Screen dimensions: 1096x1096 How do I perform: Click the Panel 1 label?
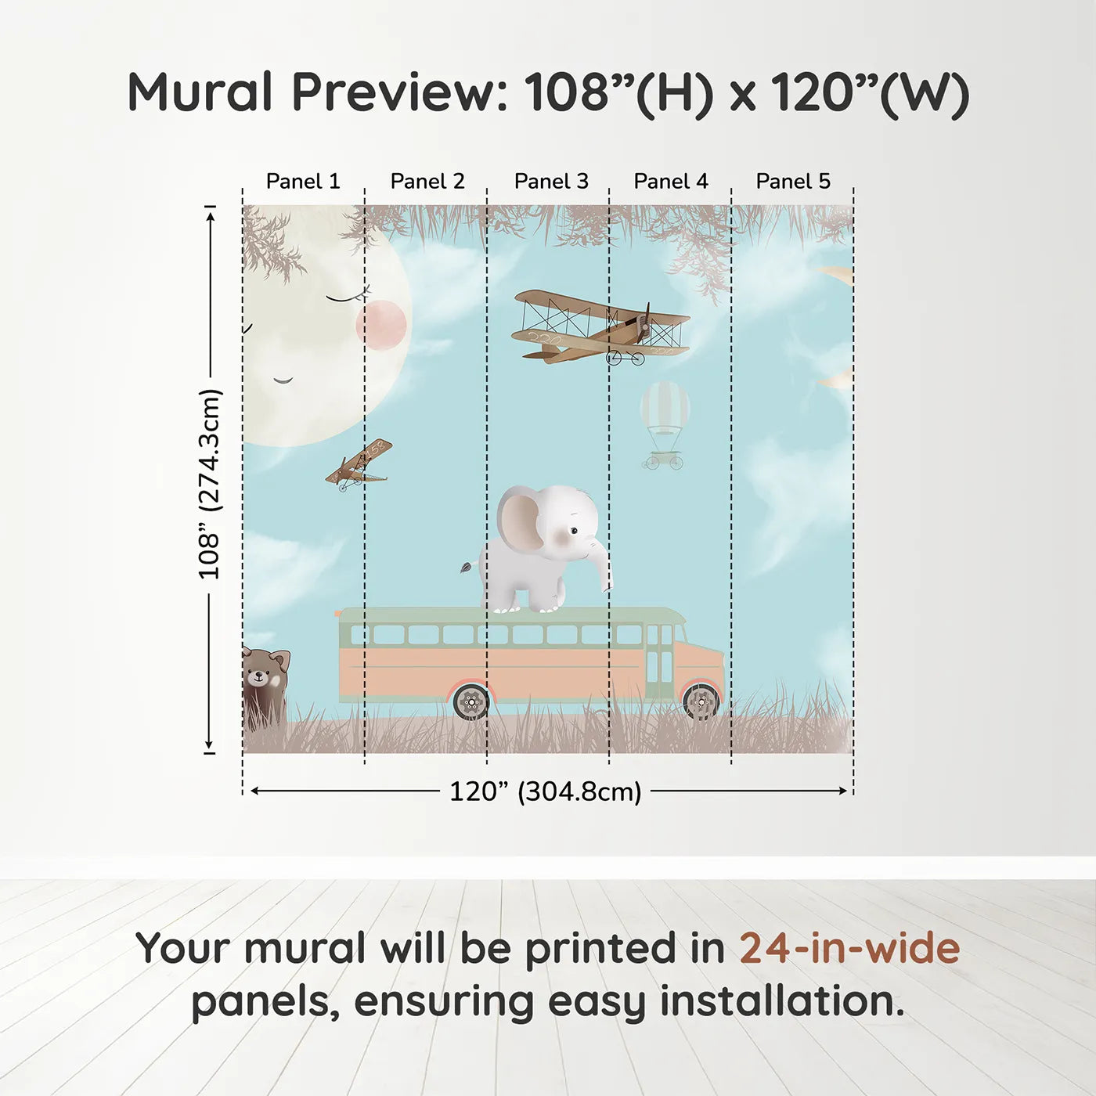(303, 182)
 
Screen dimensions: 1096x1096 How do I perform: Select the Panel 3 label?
(551, 182)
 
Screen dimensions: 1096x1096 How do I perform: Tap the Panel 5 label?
(793, 182)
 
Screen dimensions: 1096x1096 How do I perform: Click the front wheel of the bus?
(701, 701)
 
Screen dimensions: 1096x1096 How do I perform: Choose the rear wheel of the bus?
(471, 702)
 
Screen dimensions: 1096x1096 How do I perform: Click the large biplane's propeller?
(646, 323)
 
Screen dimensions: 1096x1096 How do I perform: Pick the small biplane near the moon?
(359, 466)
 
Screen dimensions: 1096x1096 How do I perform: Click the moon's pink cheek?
(381, 325)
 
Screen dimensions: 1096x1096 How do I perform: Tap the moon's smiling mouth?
(283, 381)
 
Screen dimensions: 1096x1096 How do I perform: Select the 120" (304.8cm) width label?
(546, 791)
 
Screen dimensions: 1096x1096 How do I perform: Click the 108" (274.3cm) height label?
(210, 484)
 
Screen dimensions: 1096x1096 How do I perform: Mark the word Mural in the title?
(200, 92)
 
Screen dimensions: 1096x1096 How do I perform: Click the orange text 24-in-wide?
(849, 949)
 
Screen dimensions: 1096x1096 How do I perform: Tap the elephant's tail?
(469, 565)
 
